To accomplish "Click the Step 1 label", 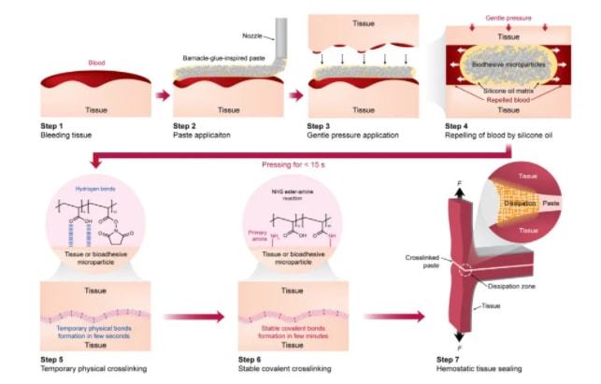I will (x=51, y=124).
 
